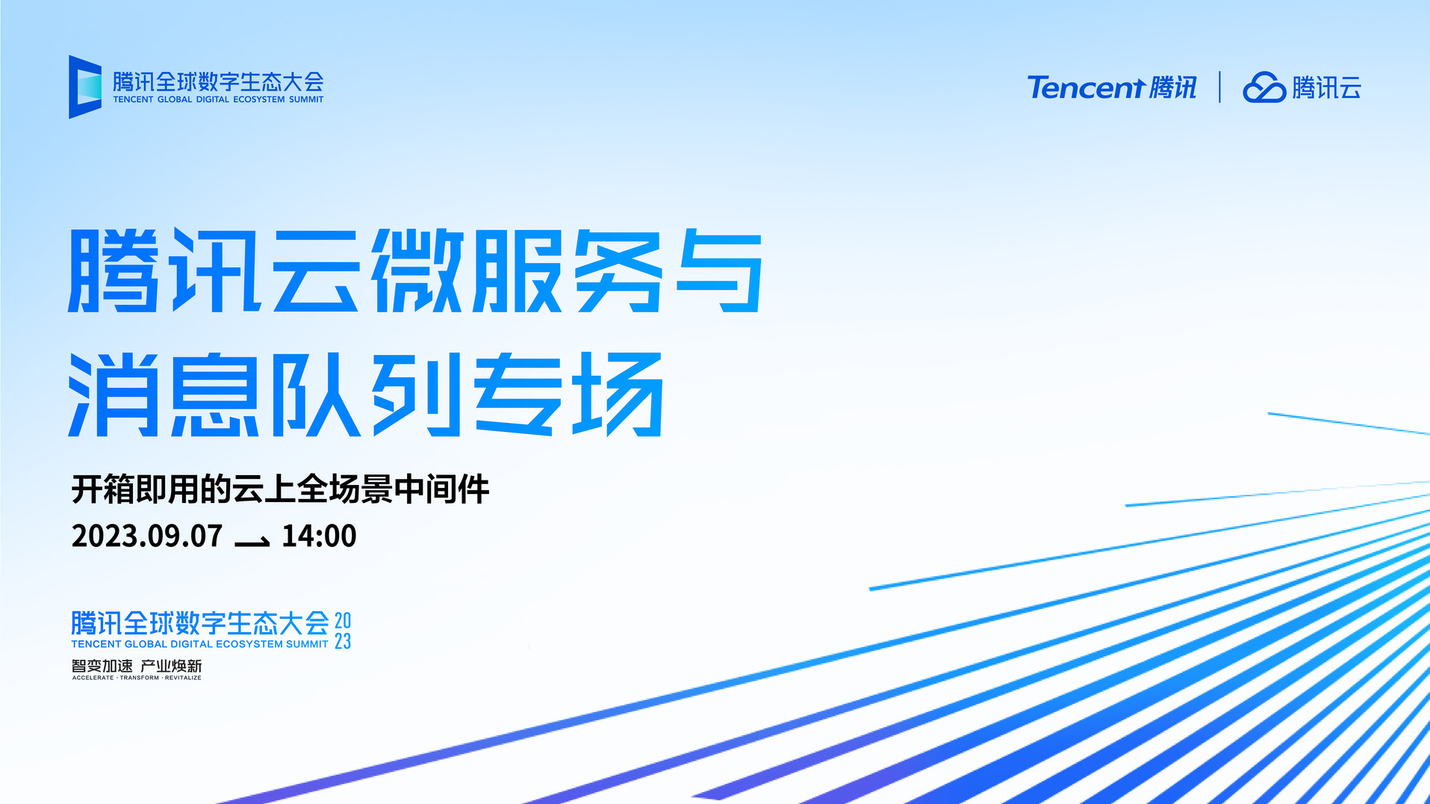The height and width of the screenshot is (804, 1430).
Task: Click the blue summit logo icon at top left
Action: pyautogui.click(x=85, y=87)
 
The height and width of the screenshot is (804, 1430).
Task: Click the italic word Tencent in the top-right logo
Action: pyautogui.click(x=1087, y=87)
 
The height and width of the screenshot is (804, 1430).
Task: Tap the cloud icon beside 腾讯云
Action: pyautogui.click(x=1264, y=87)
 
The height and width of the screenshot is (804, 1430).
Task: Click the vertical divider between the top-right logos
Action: pyautogui.click(x=1219, y=87)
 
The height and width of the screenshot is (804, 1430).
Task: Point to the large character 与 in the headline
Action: pyautogui.click(x=719, y=270)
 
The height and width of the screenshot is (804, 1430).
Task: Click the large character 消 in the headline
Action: pyautogui.click(x=113, y=394)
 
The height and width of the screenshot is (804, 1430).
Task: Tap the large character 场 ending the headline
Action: pyautogui.click(x=617, y=394)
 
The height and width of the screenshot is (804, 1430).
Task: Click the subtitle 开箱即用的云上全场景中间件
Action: pyautogui.click(x=280, y=489)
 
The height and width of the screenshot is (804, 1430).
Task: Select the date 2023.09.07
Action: pyautogui.click(x=147, y=536)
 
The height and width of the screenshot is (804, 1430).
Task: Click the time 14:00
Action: pyautogui.click(x=319, y=536)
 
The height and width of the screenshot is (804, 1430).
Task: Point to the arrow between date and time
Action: pyautogui.click(x=252, y=541)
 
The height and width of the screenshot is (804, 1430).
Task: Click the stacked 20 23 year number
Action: pyautogui.click(x=343, y=631)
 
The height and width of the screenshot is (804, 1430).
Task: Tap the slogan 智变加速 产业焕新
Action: pyautogui.click(x=137, y=666)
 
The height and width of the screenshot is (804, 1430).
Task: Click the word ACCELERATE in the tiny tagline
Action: pyautogui.click(x=93, y=678)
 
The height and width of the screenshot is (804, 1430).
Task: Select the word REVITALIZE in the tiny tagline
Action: pyautogui.click(x=183, y=678)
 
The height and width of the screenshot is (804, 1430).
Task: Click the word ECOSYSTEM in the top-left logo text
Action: pyautogui.click(x=259, y=99)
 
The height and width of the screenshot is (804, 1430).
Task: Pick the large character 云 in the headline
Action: pyautogui.click(x=317, y=270)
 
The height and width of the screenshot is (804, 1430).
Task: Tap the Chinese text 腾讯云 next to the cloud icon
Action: pyautogui.click(x=1327, y=87)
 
